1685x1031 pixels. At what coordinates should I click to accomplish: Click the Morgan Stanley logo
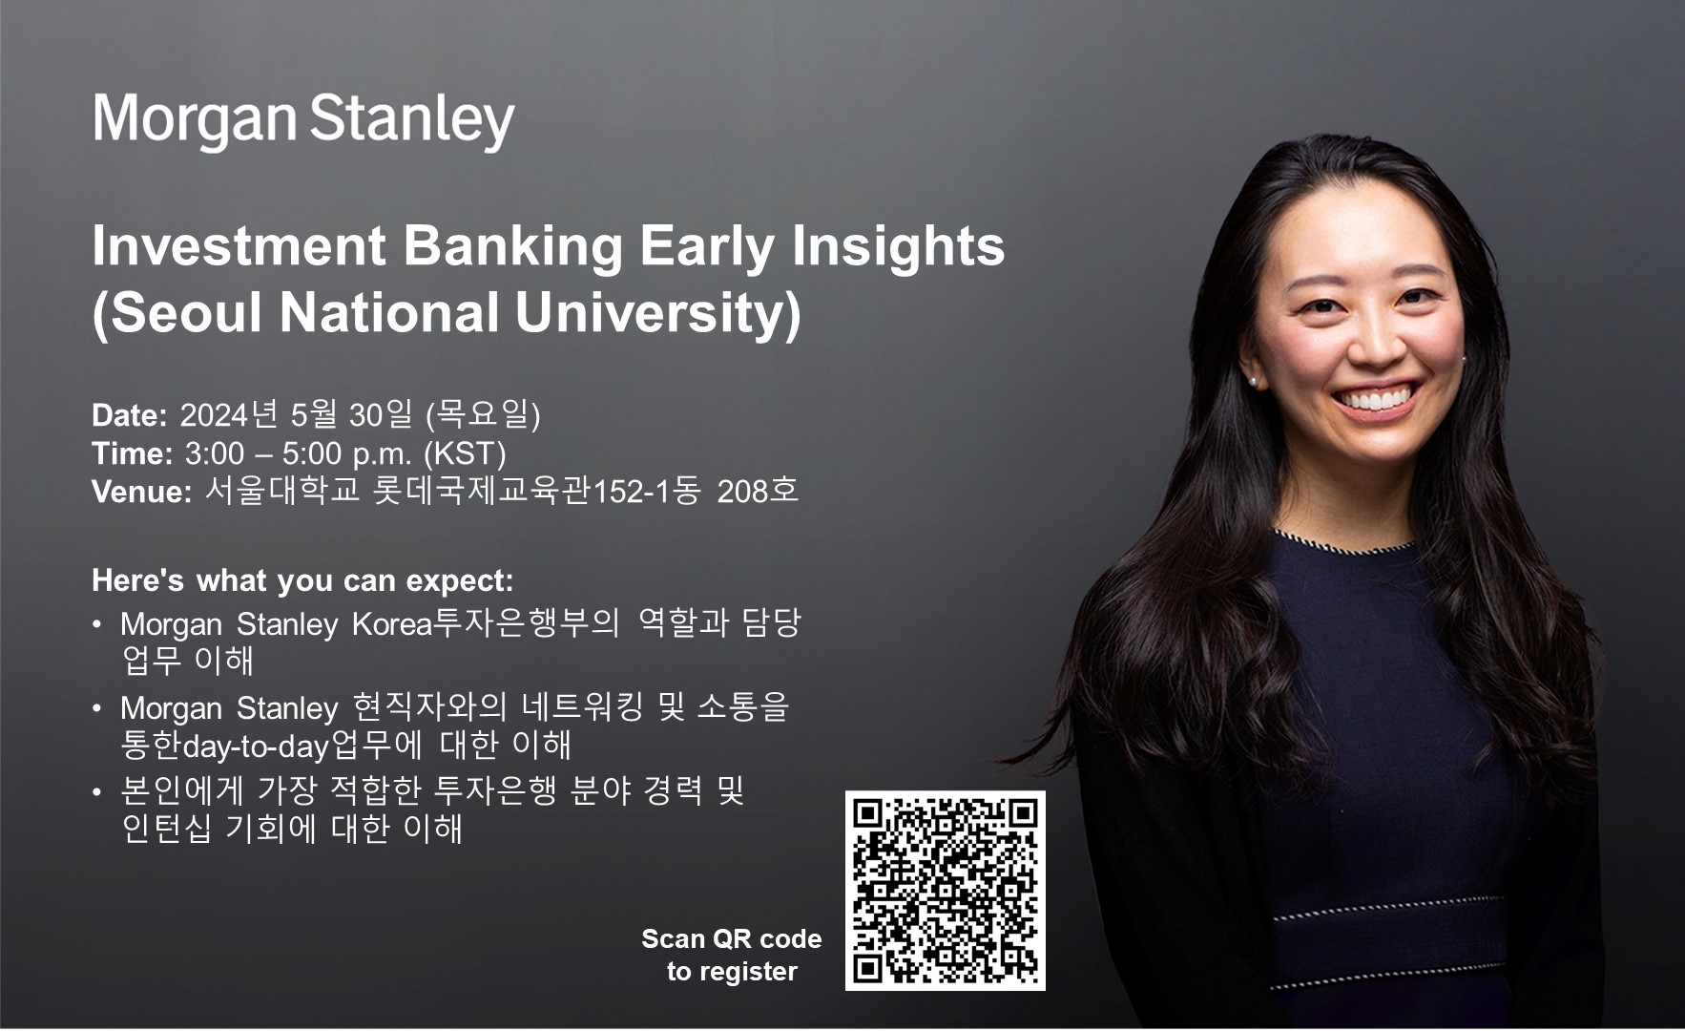pyautogui.click(x=303, y=120)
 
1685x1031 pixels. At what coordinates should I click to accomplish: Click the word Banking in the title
pyautogui.click(x=513, y=246)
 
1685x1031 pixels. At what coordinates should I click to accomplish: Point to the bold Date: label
pyautogui.click(x=130, y=415)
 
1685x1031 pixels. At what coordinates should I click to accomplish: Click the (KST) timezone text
pyautogui.click(x=465, y=453)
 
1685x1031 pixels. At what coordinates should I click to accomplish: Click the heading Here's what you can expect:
pyautogui.click(x=302, y=580)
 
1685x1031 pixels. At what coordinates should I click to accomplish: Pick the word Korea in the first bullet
pyautogui.click(x=392, y=624)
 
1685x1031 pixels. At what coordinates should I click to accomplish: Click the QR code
pyautogui.click(x=946, y=891)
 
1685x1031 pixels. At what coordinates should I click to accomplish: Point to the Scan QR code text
pyautogui.click(x=732, y=939)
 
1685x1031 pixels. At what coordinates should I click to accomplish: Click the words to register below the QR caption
pyautogui.click(x=732, y=972)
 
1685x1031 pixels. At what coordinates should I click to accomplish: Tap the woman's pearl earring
pyautogui.click(x=1253, y=381)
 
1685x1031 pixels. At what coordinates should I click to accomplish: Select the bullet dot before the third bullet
pyautogui.click(x=97, y=792)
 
